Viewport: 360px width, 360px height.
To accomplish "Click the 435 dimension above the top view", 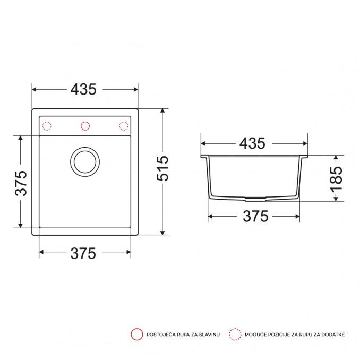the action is (x=83, y=90).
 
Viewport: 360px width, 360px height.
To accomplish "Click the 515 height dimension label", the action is (x=162, y=168).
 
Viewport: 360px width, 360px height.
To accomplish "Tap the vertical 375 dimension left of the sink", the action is (x=21, y=183).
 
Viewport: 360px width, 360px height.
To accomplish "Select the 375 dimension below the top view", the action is (x=83, y=253).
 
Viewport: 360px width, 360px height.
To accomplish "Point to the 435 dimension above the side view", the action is (x=252, y=143).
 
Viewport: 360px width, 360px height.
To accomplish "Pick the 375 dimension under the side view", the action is (x=255, y=216).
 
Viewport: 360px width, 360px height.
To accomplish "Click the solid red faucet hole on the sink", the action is (x=85, y=126).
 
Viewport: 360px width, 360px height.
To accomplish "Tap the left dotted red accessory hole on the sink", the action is (x=47, y=126).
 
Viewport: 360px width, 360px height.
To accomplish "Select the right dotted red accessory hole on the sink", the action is (x=124, y=126).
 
